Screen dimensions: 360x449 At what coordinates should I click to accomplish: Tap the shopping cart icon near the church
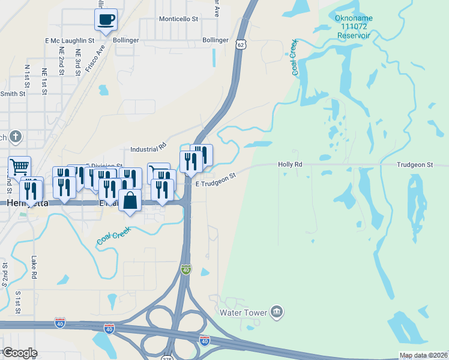(19, 166)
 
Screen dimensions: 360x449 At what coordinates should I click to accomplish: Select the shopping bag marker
(130, 200)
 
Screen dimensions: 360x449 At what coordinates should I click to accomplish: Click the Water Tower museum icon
(277, 311)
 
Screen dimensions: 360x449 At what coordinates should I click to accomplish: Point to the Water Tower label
(244, 313)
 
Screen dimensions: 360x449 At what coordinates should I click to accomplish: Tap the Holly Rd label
(290, 164)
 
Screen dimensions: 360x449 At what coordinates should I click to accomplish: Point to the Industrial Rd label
(148, 148)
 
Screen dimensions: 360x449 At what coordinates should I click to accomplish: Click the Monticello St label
(178, 19)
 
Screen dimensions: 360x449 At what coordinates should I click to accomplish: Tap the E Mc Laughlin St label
(70, 40)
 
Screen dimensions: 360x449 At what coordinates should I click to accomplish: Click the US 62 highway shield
(240, 44)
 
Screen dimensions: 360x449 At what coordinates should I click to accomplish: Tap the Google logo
(19, 352)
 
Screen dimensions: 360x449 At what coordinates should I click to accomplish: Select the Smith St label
(13, 94)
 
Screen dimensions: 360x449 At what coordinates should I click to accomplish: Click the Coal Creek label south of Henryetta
(115, 238)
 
